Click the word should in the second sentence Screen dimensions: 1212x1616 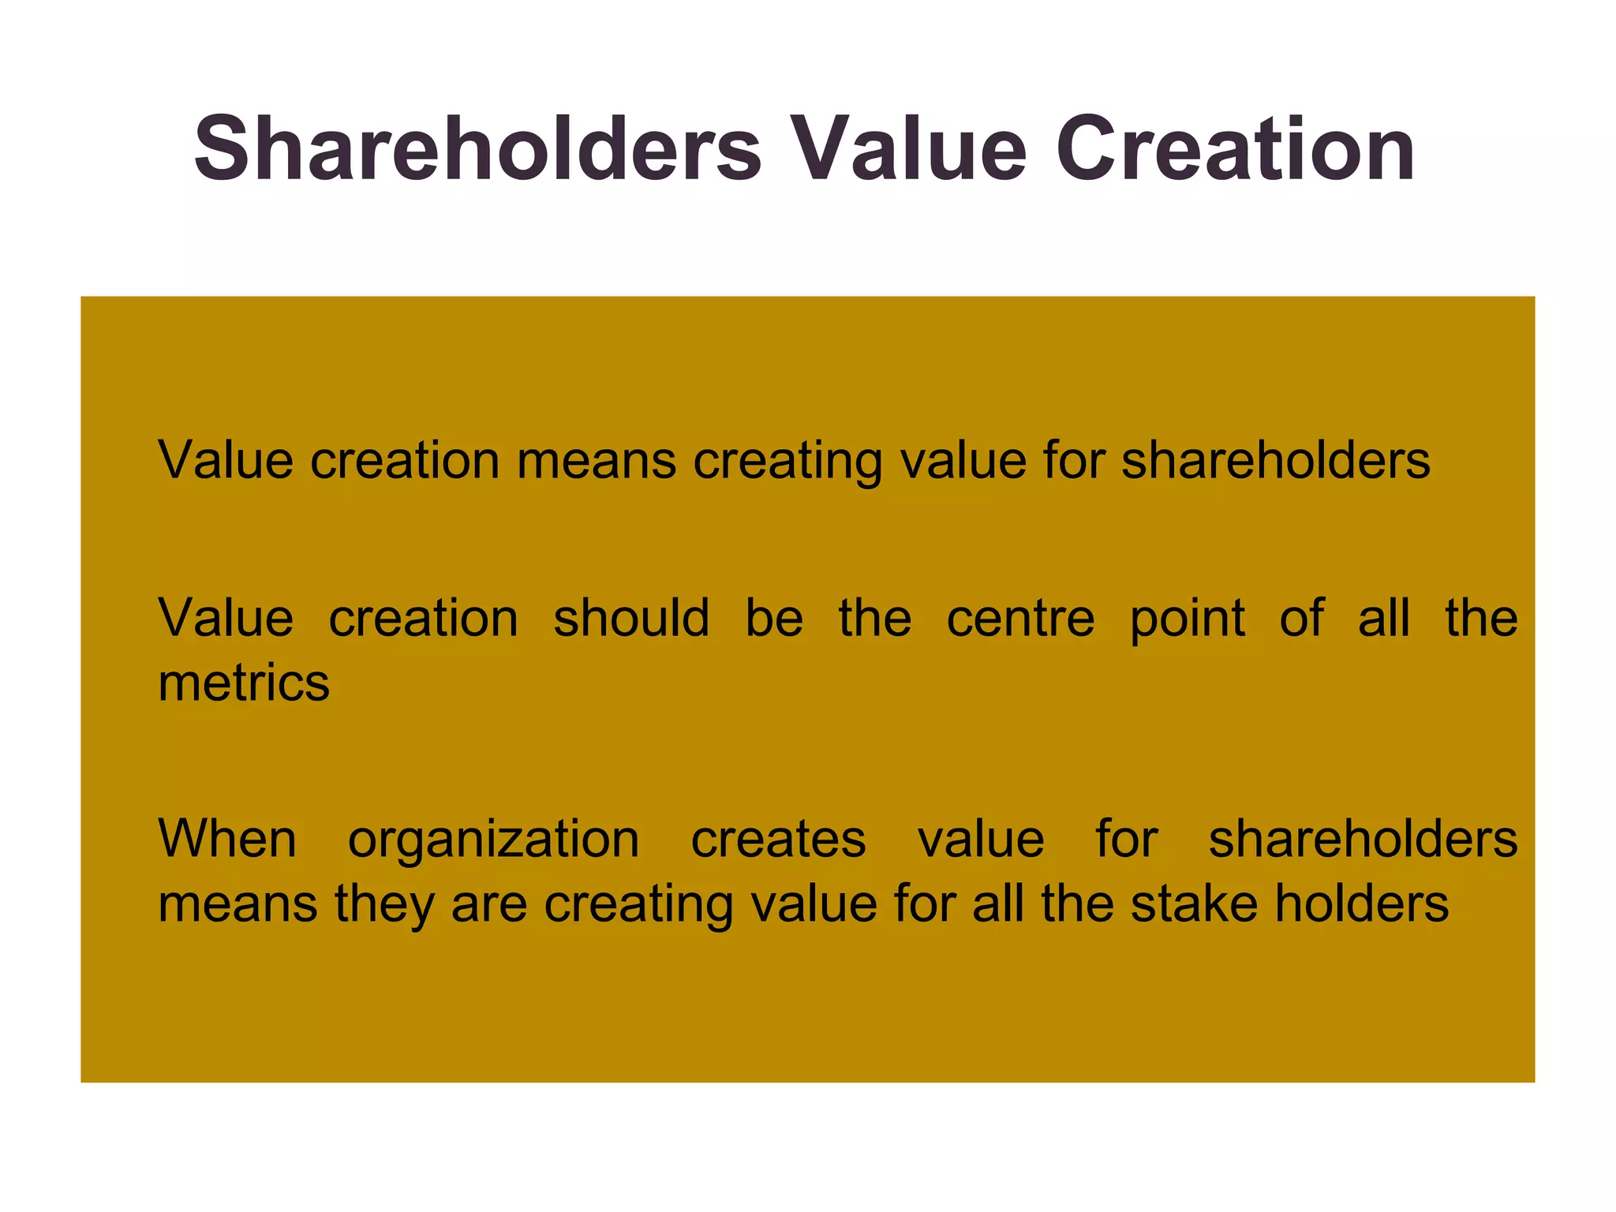tap(631, 618)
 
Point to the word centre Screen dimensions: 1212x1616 tap(1020, 618)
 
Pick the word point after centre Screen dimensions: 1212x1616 tap(1188, 619)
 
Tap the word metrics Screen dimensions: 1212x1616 tap(244, 683)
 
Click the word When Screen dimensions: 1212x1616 tap(227, 839)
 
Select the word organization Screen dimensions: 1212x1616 tap(494, 840)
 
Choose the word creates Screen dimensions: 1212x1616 tap(778, 839)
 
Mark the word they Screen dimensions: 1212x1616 tap(383, 904)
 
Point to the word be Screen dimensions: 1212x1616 tap(774, 618)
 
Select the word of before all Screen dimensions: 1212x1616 tap(1301, 618)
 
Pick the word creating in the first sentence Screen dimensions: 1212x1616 tap(787, 462)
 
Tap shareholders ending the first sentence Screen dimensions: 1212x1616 tap(1275, 460)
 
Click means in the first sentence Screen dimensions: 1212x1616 tap(597, 462)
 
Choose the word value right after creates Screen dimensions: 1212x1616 tap(981, 839)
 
